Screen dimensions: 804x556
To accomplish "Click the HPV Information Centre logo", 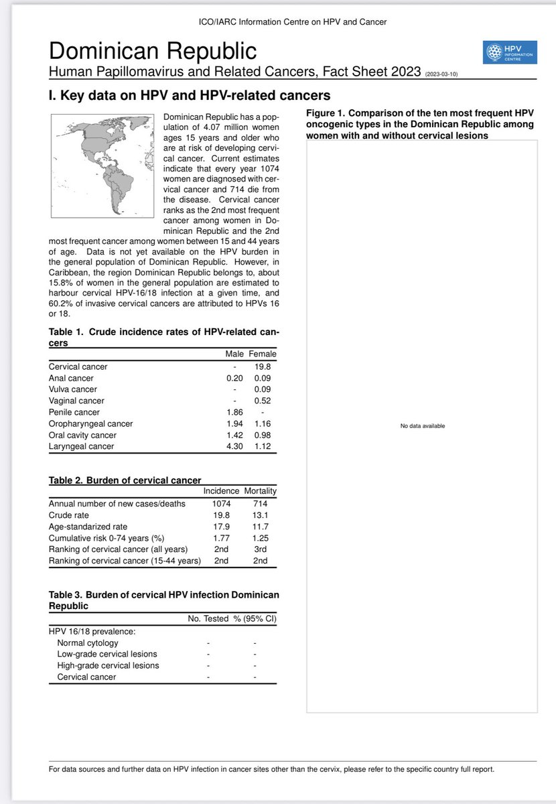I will (510, 53).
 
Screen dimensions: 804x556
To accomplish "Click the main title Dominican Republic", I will (153, 52).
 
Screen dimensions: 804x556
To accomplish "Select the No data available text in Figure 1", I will (422, 426).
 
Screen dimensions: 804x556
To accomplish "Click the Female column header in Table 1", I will (262, 354).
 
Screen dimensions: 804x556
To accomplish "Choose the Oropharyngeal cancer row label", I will (91, 424).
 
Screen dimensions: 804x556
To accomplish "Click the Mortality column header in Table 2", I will (260, 491).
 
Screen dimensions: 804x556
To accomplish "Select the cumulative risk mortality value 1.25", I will (260, 538).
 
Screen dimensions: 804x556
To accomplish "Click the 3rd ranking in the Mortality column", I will (260, 549).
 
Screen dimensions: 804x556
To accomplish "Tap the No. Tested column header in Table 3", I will (207, 619).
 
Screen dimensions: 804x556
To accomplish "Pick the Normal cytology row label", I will (88, 643).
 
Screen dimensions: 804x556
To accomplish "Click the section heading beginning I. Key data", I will (190, 96).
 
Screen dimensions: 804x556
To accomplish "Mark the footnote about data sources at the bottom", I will (271, 770).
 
